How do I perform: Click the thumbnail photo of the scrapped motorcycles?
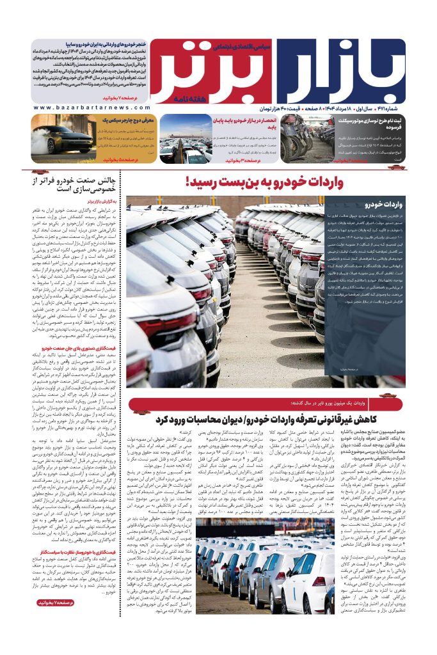(x=305, y=138)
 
